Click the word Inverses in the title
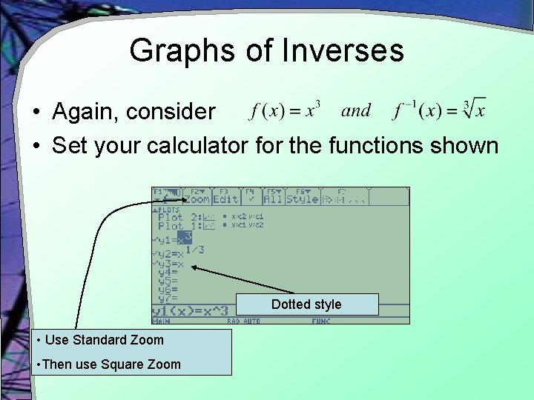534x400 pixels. click(343, 50)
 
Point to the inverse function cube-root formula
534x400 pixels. click(439, 111)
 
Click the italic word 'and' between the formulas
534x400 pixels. click(356, 111)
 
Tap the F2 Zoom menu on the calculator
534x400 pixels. click(197, 196)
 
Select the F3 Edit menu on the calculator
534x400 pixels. click(225, 196)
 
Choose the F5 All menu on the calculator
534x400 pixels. click(273, 196)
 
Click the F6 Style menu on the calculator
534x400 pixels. click(302, 196)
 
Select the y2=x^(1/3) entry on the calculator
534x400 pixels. click(178, 253)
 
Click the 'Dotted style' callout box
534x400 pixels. click(306, 304)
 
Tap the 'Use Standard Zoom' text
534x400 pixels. click(104, 340)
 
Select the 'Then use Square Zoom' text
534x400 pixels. click(111, 364)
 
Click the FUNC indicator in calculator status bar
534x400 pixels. click(320, 321)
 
